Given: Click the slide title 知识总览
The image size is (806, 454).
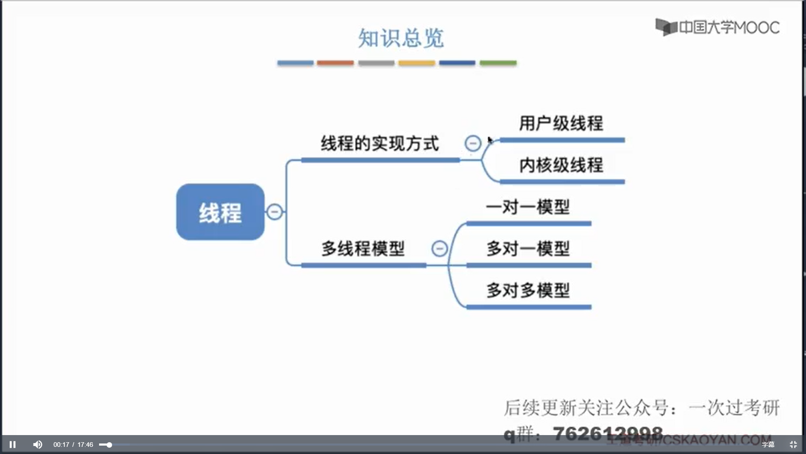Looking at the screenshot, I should pyautogui.click(x=400, y=38).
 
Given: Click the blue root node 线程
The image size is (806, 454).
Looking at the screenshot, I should pyautogui.click(x=220, y=212).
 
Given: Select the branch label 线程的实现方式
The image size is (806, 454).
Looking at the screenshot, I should pyautogui.click(x=379, y=143).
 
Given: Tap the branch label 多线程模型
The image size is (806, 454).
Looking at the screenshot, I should pyautogui.click(x=363, y=248).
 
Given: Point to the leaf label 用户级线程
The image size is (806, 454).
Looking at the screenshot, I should pyautogui.click(x=561, y=123).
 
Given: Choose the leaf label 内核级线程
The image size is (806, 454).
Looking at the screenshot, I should pyautogui.click(x=561, y=165).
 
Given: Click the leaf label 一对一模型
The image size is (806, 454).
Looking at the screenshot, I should pyautogui.click(x=528, y=207).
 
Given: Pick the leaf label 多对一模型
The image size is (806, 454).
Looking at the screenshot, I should pyautogui.click(x=528, y=248).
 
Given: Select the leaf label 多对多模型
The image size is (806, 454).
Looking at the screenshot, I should pyautogui.click(x=528, y=290).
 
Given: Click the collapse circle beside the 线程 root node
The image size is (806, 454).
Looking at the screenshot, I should pyautogui.click(x=275, y=211).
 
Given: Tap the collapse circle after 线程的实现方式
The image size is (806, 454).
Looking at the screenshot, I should pyautogui.click(x=473, y=143).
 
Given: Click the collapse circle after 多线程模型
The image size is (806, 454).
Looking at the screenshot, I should pyautogui.click(x=440, y=248).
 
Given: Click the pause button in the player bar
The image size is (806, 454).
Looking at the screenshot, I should pyautogui.click(x=13, y=444).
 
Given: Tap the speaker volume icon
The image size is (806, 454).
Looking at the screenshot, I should pyautogui.click(x=37, y=444).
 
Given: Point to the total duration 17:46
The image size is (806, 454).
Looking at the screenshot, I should pyautogui.click(x=85, y=445).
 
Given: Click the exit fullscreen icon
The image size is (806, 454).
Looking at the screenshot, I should pyautogui.click(x=793, y=444).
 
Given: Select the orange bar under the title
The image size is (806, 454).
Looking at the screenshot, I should pyautogui.click(x=335, y=63).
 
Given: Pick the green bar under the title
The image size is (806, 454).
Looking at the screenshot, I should pyautogui.click(x=498, y=63).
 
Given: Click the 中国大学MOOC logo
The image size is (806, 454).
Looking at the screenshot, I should pyautogui.click(x=717, y=27).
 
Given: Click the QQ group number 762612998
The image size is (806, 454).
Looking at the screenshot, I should pyautogui.click(x=607, y=433).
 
